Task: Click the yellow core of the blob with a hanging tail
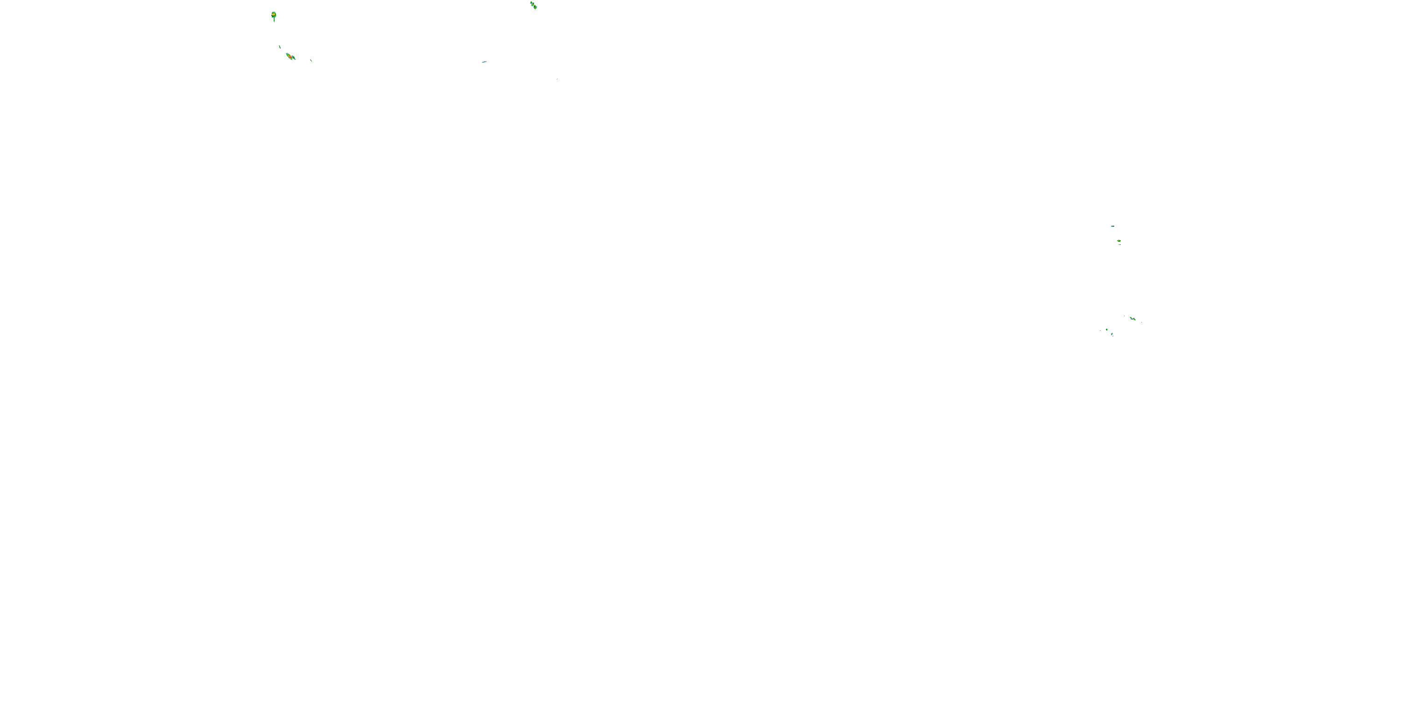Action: tap(274, 14)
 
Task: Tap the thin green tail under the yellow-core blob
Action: tap(274, 20)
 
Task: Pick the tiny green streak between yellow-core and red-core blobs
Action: tap(280, 47)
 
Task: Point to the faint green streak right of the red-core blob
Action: tap(311, 60)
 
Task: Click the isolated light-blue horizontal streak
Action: tap(484, 62)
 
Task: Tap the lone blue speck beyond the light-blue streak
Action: tap(557, 79)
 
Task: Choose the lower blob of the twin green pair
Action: tap(535, 7)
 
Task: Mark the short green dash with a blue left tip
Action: tap(1112, 226)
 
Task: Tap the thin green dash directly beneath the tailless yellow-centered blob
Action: tap(1119, 244)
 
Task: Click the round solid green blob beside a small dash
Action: tap(1107, 329)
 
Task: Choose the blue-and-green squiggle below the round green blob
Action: tap(1112, 335)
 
